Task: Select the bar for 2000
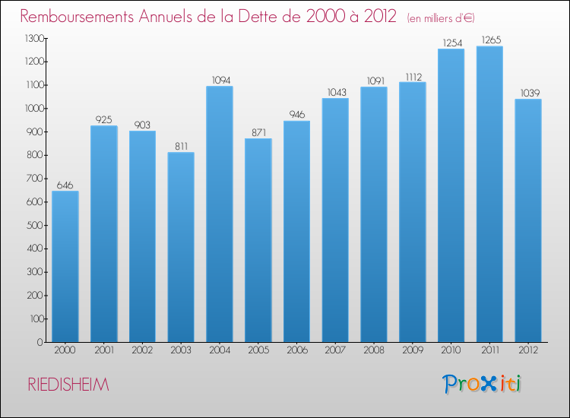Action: (65, 267)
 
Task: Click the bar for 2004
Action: (220, 214)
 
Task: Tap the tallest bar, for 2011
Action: (489, 194)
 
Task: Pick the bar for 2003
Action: (181, 247)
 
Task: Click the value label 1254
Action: (452, 43)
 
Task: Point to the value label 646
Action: (65, 185)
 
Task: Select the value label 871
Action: (259, 133)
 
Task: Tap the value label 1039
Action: (530, 93)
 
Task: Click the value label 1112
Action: (413, 77)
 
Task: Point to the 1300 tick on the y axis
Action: (34, 38)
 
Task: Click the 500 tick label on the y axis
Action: (35, 226)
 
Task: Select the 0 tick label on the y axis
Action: (40, 343)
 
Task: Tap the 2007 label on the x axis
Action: (335, 350)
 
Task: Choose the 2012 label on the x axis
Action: (528, 350)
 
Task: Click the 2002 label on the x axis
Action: (142, 350)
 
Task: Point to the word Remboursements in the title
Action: (77, 17)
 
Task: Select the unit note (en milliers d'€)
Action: (441, 18)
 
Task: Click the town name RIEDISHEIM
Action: (68, 385)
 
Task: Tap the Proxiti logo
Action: (482, 384)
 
